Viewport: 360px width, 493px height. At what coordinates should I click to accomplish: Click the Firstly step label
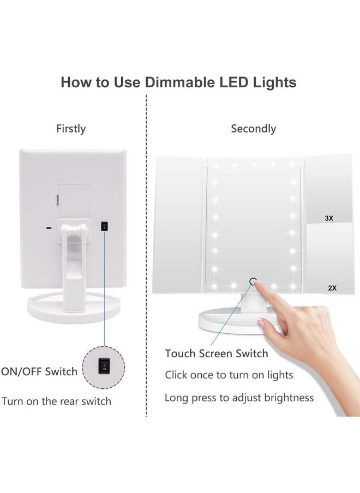(x=71, y=129)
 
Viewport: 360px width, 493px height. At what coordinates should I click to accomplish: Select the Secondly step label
(x=253, y=129)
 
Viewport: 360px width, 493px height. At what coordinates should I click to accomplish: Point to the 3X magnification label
(x=328, y=218)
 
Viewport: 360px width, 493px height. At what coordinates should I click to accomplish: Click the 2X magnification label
(x=332, y=287)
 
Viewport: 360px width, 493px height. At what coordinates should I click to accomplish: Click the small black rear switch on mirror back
(x=104, y=225)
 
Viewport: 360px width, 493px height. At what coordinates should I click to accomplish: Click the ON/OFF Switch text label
(x=39, y=372)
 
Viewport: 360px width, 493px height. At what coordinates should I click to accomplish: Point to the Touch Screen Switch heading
(x=217, y=353)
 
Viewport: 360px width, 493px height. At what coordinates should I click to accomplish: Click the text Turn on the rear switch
(x=56, y=401)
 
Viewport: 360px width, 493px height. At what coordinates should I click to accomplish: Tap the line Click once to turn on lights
(x=229, y=375)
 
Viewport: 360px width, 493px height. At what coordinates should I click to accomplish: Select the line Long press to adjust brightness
(x=239, y=398)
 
